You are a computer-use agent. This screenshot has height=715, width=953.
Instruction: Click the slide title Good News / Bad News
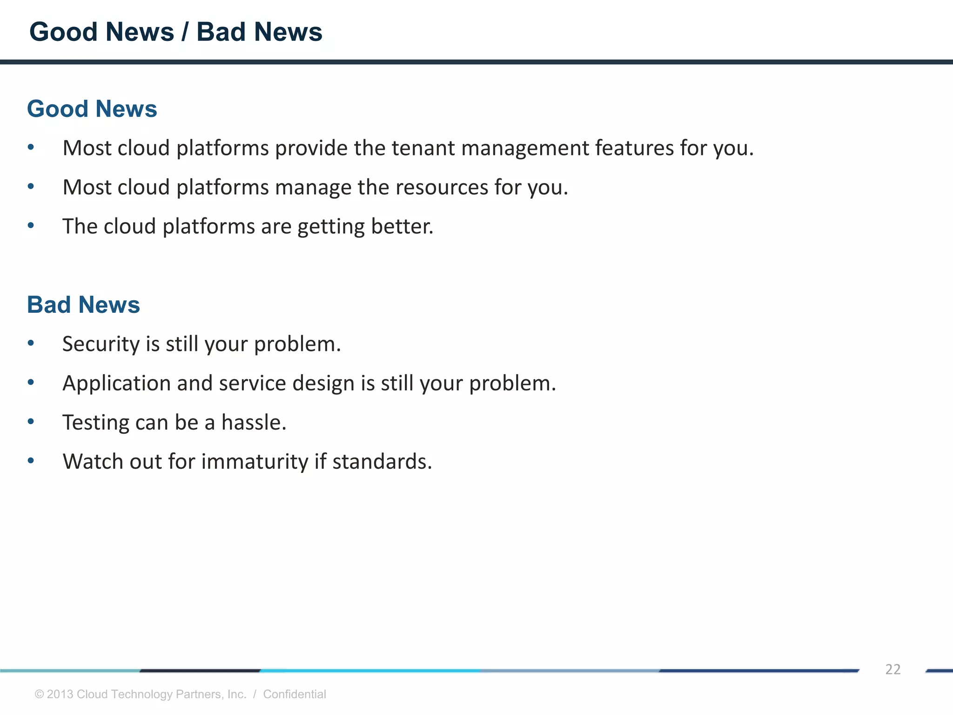pos(175,32)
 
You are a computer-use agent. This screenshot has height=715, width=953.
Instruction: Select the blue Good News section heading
pos(92,109)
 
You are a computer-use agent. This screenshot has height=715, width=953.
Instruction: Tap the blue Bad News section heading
pos(83,305)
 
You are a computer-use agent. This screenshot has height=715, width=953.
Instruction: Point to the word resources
pos(442,187)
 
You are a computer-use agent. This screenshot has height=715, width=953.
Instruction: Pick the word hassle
pos(254,423)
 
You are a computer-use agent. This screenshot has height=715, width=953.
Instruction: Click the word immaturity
pos(255,462)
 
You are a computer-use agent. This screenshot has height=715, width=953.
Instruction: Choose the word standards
pos(382,462)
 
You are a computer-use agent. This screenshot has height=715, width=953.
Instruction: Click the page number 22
pos(893,669)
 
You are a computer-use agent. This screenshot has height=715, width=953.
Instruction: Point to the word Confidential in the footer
pos(295,694)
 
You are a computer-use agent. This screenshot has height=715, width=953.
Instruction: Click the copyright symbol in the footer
pos(40,695)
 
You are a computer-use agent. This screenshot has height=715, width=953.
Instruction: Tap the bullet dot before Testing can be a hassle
pos(31,422)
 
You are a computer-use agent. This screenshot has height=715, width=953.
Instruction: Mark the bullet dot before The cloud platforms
pos(31,226)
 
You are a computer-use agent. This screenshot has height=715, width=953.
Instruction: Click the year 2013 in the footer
pos(60,694)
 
